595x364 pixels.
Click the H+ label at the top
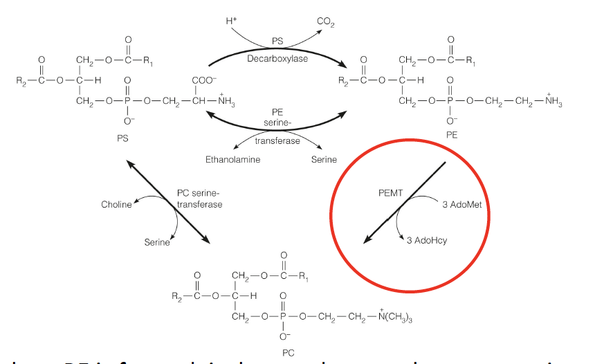click(x=230, y=21)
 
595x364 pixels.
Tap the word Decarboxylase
click(x=277, y=59)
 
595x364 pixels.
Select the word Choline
click(x=116, y=205)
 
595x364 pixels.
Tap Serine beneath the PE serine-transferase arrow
click(x=324, y=160)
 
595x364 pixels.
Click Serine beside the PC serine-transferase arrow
click(x=157, y=242)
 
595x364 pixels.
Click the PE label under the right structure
click(x=452, y=136)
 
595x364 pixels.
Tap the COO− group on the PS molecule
click(x=205, y=80)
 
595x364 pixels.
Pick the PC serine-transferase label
click(x=200, y=199)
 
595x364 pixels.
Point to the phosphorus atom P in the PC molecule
click(x=282, y=318)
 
